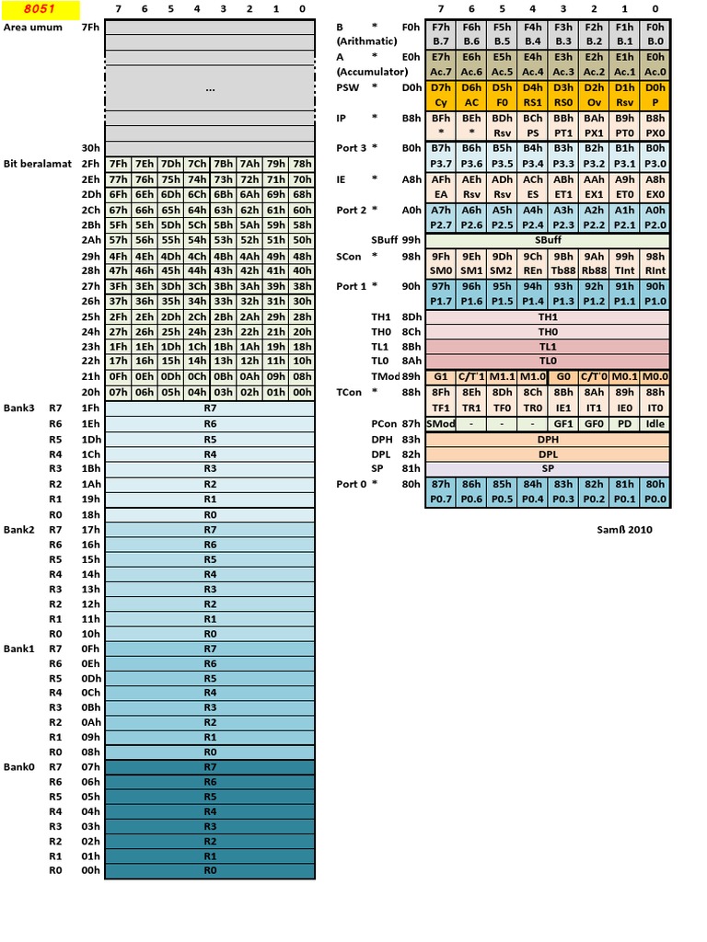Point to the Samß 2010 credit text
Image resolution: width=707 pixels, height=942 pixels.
[624, 529]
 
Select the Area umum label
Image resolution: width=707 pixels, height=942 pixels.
[33, 28]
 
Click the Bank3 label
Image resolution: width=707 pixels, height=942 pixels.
[19, 408]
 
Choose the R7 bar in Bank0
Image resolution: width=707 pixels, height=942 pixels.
[210, 766]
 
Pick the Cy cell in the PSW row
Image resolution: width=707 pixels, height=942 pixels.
[441, 102]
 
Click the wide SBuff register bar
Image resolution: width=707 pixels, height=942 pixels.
[548, 239]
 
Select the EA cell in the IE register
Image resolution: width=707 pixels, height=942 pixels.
[441, 194]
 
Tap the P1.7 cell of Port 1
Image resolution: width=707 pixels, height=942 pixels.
[441, 302]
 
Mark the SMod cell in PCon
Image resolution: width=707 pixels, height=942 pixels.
[441, 424]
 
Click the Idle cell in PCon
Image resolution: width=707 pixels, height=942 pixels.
[655, 424]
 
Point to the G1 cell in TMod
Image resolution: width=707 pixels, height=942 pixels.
[441, 376]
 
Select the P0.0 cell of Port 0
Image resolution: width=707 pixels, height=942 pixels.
[655, 499]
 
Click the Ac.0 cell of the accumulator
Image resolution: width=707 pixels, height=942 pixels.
[655, 72]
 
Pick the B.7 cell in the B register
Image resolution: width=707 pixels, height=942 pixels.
[441, 41]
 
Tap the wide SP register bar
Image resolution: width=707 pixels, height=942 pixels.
[548, 468]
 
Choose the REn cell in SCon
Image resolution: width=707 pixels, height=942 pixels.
[533, 270]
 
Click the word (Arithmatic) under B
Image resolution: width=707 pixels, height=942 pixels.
[366, 41]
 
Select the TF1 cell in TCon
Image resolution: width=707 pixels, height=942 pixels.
[441, 406]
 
